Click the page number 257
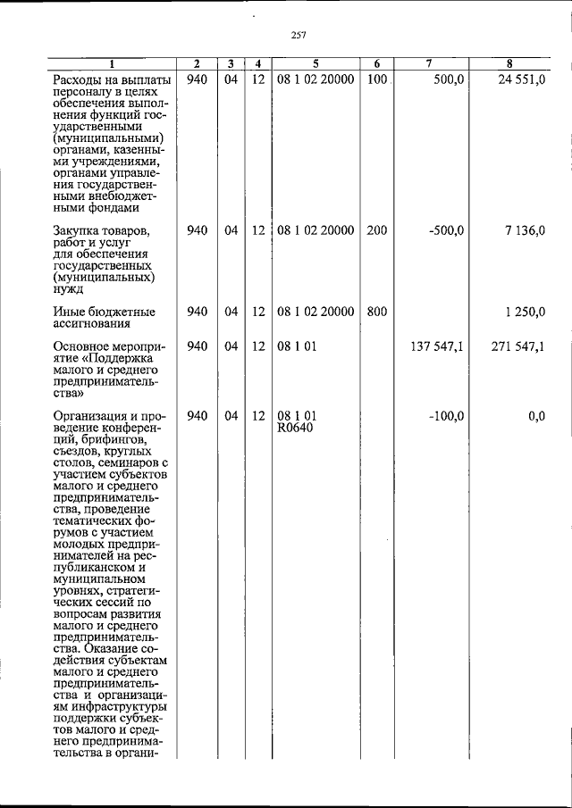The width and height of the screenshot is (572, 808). pos(299,35)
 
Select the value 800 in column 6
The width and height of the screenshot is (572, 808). pos(376,312)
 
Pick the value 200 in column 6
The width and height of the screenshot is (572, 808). pos(376,230)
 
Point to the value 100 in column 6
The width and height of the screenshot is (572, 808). pos(376,80)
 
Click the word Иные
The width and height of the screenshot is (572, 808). pos(69,312)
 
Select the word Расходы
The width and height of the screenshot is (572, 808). pos(79,81)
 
